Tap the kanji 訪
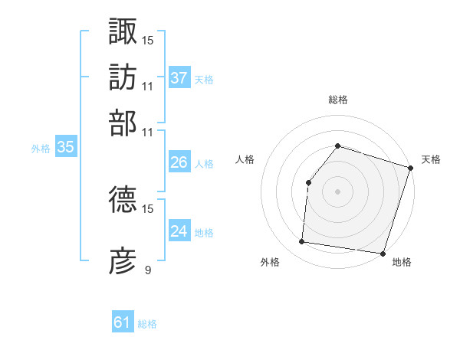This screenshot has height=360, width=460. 123,77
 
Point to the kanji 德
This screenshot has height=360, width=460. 123,200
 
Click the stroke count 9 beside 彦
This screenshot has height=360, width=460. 148,270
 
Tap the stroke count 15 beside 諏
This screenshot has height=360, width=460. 148,40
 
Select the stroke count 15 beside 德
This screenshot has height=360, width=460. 148,208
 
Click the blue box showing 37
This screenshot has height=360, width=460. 179,78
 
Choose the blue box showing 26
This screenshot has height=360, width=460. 179,162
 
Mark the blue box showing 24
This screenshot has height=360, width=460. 179,231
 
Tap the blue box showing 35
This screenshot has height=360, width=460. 66,148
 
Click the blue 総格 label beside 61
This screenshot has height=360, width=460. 147,324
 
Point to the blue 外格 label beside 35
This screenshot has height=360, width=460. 41,149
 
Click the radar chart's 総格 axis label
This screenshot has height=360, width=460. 337,100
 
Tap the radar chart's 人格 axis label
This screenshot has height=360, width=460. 245,159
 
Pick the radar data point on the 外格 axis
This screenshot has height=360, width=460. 302,242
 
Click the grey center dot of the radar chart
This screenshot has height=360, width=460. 337,191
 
